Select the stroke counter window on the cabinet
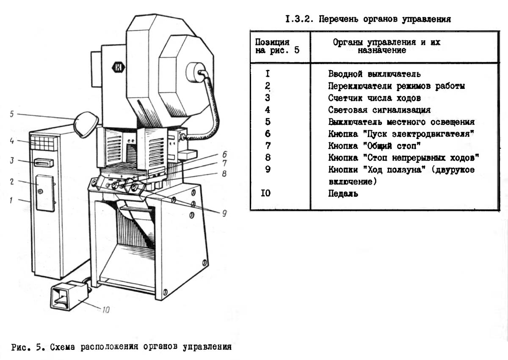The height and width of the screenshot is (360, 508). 44,162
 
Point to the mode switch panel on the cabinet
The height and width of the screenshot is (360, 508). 45,192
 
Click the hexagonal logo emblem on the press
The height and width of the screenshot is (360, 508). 117,67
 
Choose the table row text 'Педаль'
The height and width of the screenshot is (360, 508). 343,194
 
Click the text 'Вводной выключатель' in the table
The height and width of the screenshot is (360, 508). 374,74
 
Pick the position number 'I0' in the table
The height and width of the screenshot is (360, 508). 266,194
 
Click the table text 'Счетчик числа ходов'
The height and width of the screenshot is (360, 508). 374,98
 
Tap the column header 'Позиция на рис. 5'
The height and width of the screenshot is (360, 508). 273,46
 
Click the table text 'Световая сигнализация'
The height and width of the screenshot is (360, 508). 379,110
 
